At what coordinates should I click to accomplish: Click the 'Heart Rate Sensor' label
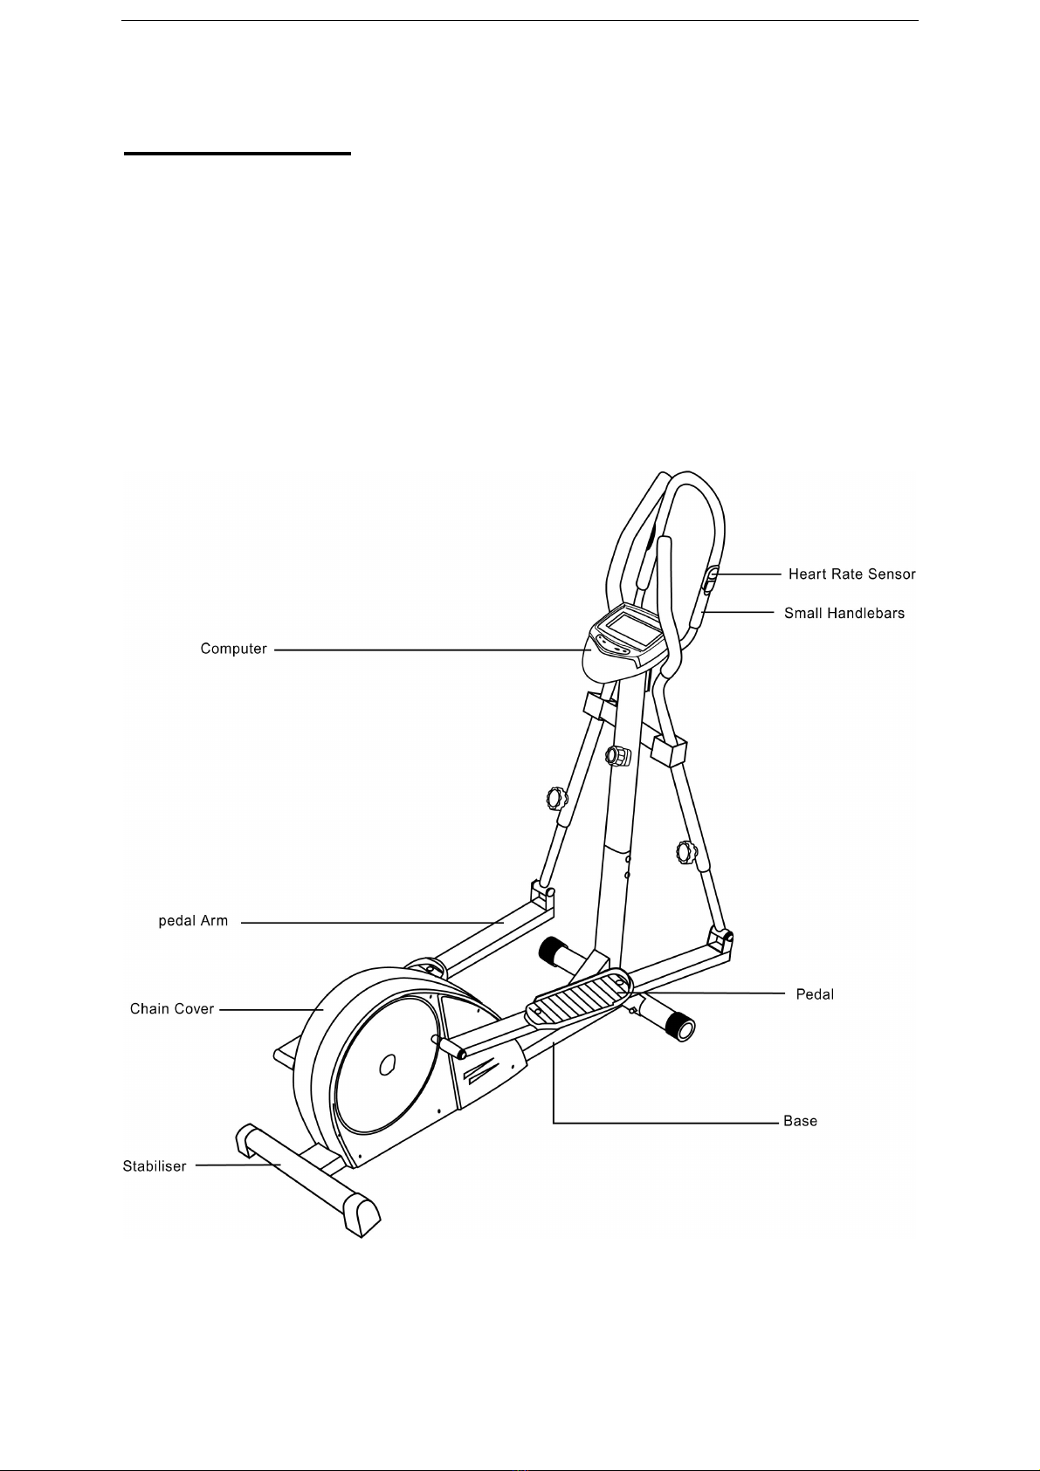tap(851, 574)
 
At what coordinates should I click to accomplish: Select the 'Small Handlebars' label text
tap(844, 614)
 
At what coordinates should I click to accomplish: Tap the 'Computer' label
tap(233, 650)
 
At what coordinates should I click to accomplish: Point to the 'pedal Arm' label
tap(193, 921)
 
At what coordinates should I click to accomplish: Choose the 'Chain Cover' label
tap(172, 1009)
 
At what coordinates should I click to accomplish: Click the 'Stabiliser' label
tap(155, 1167)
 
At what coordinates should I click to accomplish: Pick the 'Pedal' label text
tap(815, 995)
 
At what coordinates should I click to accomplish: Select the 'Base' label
tap(800, 1121)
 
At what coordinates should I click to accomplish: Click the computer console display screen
tap(631, 629)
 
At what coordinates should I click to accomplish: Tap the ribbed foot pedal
tap(578, 996)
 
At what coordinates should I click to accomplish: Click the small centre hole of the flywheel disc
tap(388, 1064)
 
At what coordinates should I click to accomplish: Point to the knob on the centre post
tap(617, 756)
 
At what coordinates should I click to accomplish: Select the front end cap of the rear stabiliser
tap(361, 1217)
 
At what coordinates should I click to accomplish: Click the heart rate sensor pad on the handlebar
tap(710, 580)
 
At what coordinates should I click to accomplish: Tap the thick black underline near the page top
tap(238, 154)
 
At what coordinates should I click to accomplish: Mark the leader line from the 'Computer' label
tap(431, 650)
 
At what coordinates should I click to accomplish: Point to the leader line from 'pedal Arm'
tap(373, 923)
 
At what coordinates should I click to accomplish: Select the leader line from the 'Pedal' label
tap(709, 993)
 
